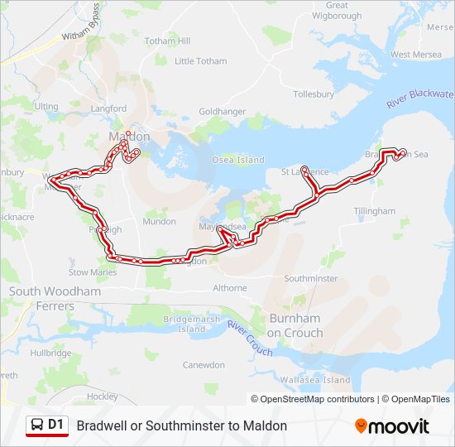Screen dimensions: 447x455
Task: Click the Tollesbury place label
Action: pyautogui.click(x=313, y=94)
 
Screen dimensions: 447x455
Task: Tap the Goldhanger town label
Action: pyautogui.click(x=222, y=111)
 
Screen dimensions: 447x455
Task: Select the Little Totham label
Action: pyautogui.click(x=200, y=61)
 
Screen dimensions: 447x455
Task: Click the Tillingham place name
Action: pyautogui.click(x=375, y=211)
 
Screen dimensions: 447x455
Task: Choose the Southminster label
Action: pyautogui.click(x=311, y=278)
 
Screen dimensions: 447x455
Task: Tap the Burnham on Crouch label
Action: pyautogui.click(x=295, y=325)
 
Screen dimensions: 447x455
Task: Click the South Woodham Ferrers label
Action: pyautogui.click(x=54, y=299)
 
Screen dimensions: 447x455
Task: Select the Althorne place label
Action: pyautogui.click(x=230, y=288)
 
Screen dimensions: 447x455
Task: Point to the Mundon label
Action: pyautogui.click(x=159, y=221)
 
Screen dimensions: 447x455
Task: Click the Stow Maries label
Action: pyautogui.click(x=93, y=272)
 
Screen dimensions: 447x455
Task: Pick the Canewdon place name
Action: pyautogui.click(x=204, y=365)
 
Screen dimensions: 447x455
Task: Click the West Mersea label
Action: pyautogui.click(x=411, y=55)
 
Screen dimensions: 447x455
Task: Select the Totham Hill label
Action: pyautogui.click(x=167, y=41)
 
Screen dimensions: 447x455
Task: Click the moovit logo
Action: pyautogui.click(x=392, y=426)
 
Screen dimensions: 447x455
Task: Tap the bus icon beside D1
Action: pyautogui.click(x=37, y=425)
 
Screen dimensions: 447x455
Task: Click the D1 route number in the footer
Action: pyautogui.click(x=55, y=425)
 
